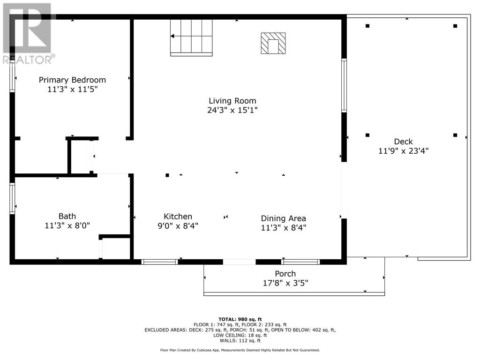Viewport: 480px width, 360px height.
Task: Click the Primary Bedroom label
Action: [x=72, y=80]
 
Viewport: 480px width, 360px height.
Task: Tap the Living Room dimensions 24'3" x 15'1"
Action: [x=232, y=110]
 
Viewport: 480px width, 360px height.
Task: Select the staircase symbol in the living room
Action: [x=191, y=37]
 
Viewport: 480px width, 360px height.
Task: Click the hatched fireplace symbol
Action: [x=273, y=43]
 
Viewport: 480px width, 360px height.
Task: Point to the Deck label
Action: [x=403, y=142]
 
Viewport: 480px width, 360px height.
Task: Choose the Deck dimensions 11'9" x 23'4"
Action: [x=403, y=151]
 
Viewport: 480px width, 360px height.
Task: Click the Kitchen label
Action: [x=178, y=217]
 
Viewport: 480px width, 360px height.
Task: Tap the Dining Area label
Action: [x=283, y=218]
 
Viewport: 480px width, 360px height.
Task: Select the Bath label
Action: [x=67, y=216]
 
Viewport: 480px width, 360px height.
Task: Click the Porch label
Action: [x=285, y=274]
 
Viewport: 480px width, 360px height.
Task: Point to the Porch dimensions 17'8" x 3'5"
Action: [x=285, y=283]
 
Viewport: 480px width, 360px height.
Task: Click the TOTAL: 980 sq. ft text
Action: [x=240, y=319]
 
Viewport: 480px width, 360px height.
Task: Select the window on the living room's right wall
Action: [x=344, y=85]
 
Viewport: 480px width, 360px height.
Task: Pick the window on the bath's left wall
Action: [x=12, y=198]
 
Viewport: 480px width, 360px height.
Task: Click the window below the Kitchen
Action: [x=159, y=262]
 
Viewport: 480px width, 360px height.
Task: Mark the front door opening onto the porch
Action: [x=239, y=262]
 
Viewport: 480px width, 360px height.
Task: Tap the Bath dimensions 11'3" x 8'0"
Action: [x=67, y=225]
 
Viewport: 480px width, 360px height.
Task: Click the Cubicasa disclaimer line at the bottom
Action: [x=240, y=350]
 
